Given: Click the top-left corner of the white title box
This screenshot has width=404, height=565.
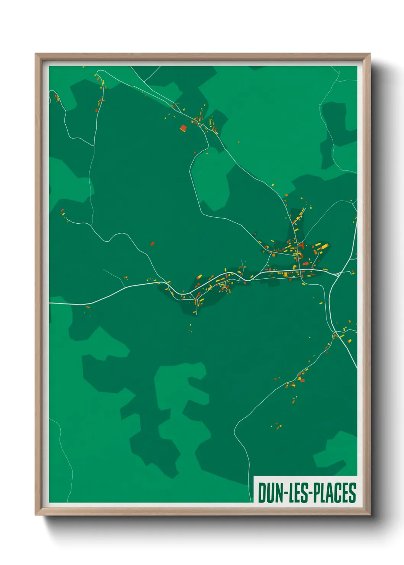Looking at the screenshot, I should (254, 476).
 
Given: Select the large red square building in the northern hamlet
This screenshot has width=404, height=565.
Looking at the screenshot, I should (183, 128).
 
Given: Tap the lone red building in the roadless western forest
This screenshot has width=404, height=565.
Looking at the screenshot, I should (152, 243).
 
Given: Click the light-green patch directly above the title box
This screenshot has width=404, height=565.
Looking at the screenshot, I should (331, 450).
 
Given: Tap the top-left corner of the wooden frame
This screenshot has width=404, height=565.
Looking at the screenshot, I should (36, 54).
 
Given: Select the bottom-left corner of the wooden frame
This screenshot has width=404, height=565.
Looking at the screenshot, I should (36, 515).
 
